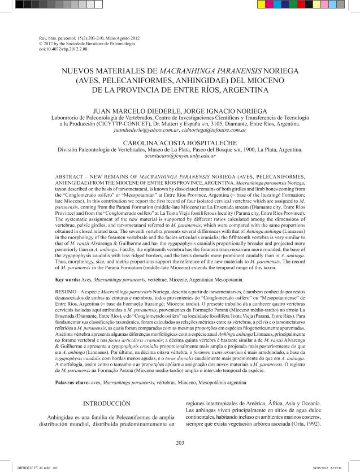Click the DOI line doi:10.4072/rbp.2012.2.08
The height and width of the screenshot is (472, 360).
point(58,49)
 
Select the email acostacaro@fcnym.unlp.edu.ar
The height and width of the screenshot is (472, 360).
point(180,155)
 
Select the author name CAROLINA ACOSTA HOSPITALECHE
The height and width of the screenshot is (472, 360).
point(180,142)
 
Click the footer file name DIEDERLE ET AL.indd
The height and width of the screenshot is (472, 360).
point(29,466)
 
